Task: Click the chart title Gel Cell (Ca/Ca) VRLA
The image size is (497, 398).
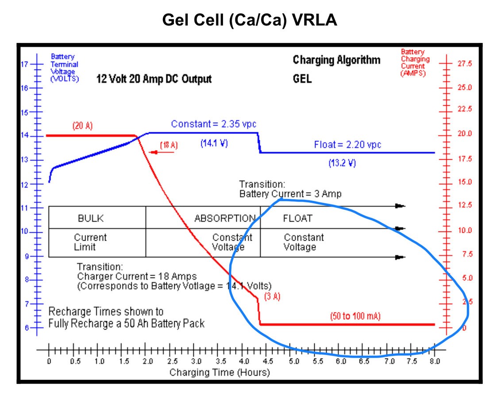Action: pyautogui.click(x=250, y=20)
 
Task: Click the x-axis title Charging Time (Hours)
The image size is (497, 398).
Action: pyautogui.click(x=220, y=372)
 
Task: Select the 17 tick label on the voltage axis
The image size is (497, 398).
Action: pyautogui.click(x=25, y=64)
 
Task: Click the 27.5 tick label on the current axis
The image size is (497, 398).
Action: pyautogui.click(x=465, y=64)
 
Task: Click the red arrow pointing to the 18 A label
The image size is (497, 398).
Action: pyautogui.click(x=153, y=152)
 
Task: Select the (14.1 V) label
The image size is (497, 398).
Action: pyautogui.click(x=214, y=144)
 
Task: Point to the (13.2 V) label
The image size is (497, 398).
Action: pyautogui.click(x=342, y=163)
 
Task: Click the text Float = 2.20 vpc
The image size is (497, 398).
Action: pyautogui.click(x=347, y=145)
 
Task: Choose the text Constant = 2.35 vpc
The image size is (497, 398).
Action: pyautogui.click(x=214, y=124)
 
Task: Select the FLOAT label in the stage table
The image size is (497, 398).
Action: pyautogui.click(x=297, y=218)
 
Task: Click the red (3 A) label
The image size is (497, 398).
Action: pyautogui.click(x=272, y=297)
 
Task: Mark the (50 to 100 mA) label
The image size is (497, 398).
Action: pyautogui.click(x=355, y=316)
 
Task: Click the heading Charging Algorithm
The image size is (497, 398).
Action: pyautogui.click(x=336, y=60)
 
